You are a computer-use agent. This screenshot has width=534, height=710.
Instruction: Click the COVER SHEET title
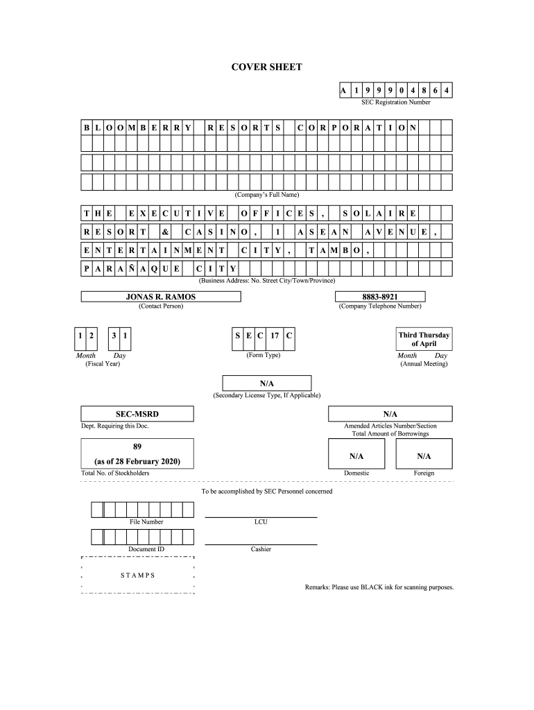point(266,67)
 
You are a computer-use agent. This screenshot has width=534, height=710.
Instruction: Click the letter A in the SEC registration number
point(343,91)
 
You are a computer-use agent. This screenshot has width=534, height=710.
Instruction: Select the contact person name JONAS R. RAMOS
point(161,296)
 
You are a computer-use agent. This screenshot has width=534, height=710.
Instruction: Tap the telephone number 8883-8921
point(379,296)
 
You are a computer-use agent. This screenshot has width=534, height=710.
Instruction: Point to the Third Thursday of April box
point(424,339)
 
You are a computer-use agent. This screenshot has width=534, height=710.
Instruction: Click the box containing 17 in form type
point(275,336)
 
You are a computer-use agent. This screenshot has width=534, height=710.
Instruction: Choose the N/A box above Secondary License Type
point(266,383)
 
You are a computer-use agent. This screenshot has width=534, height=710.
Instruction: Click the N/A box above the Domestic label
point(356,456)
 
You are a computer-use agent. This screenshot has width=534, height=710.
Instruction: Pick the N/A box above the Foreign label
point(424,456)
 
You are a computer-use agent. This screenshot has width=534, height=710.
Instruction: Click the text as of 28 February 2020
point(137,461)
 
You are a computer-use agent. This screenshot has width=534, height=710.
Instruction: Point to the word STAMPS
point(138,575)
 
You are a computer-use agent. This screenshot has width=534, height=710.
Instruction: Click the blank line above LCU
point(261,516)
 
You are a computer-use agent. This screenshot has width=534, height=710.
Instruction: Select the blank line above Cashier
point(261,544)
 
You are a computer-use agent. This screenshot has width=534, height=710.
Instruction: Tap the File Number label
point(146,521)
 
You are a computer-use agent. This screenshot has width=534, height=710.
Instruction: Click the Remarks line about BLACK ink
point(379,587)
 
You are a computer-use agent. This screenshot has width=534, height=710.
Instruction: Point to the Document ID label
point(146,549)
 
